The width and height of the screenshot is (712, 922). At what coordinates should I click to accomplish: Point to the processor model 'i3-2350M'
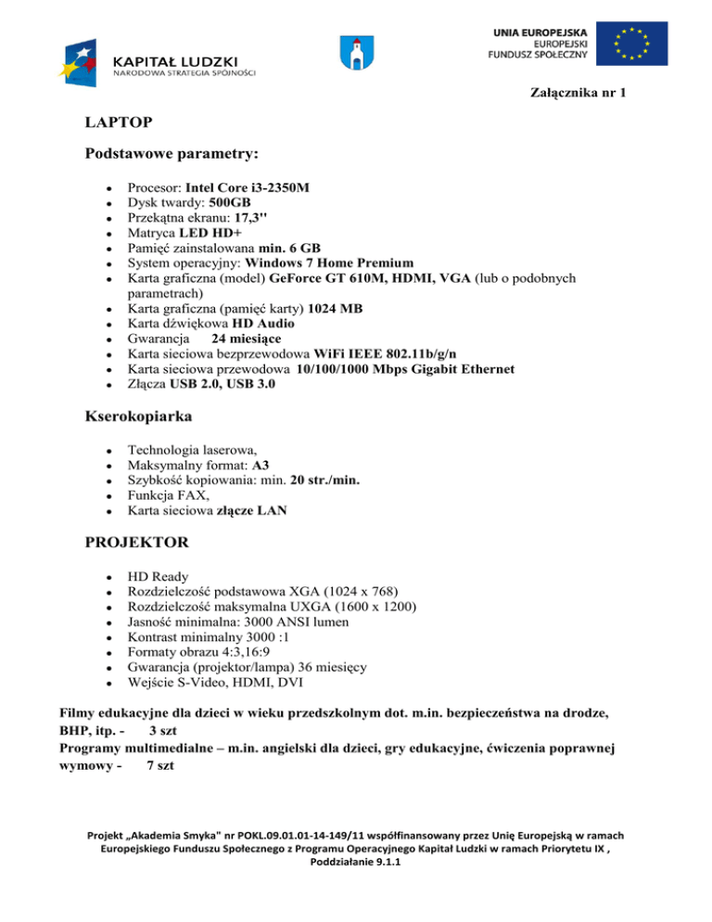(279, 187)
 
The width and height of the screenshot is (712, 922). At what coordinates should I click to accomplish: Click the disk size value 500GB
(230, 202)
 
